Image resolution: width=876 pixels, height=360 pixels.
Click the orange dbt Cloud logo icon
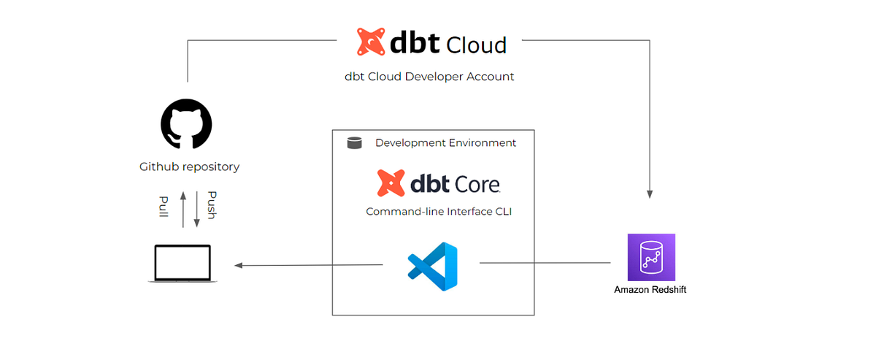pos(372,42)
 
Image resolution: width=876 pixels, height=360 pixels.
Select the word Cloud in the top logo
pos(476,45)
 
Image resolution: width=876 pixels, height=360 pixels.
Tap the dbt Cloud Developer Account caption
pos(429,77)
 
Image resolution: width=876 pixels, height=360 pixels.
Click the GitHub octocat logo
pos(186,124)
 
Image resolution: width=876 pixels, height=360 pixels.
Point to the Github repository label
pos(189,166)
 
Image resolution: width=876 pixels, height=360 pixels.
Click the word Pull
pos(164,206)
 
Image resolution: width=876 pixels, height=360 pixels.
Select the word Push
pos(211,205)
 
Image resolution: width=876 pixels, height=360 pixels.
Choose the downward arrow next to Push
pos(195,208)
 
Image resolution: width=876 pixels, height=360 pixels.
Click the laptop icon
pos(182,264)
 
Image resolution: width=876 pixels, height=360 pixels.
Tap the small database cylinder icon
pos(354,143)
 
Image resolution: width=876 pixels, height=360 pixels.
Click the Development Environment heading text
pos(445,143)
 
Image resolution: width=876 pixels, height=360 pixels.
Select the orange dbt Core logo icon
pos(391,183)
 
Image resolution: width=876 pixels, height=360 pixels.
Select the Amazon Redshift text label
pos(650,290)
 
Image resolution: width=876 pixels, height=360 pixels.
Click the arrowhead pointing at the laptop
pos(239,265)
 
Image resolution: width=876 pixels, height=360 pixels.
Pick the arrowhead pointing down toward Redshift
pos(650,194)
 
